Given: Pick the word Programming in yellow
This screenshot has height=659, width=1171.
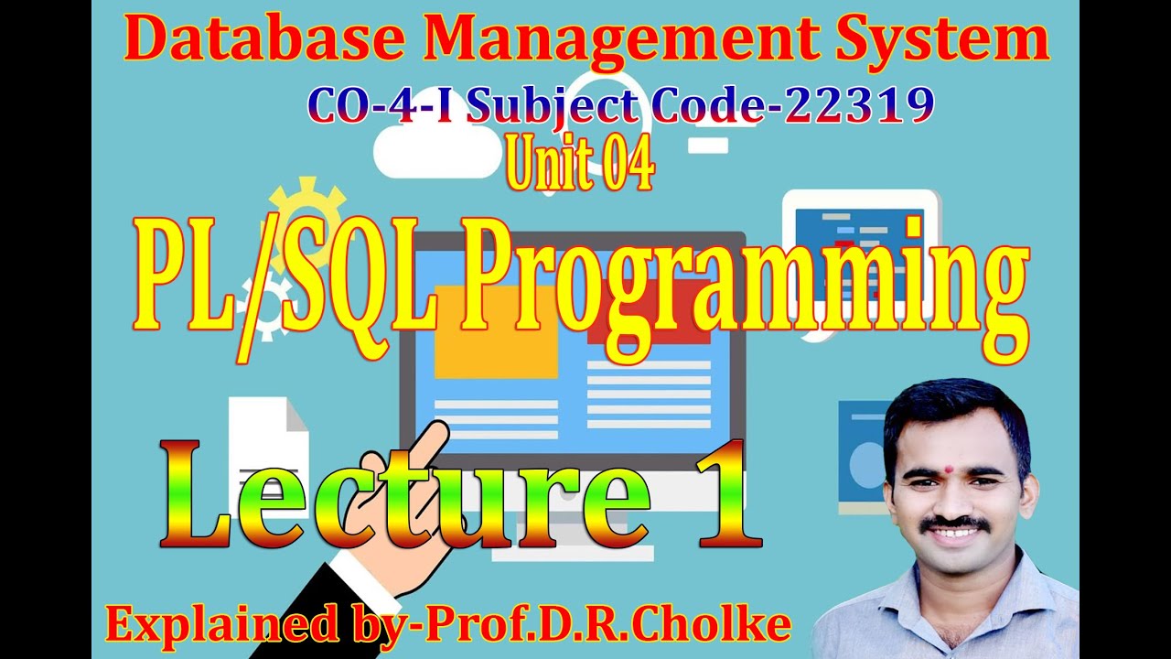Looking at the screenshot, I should (736, 284).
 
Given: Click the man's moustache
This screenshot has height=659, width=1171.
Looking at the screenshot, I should (956, 524).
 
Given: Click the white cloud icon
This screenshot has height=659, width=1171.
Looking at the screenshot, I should (426, 146).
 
